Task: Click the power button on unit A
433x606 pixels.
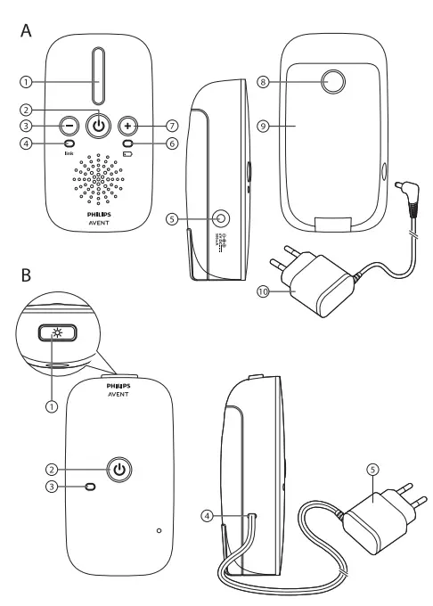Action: [100, 126]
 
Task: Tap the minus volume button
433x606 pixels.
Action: [68, 126]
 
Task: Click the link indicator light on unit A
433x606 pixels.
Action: [68, 144]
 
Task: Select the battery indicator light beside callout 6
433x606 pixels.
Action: [129, 144]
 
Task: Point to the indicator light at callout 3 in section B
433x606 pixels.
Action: [89, 487]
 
